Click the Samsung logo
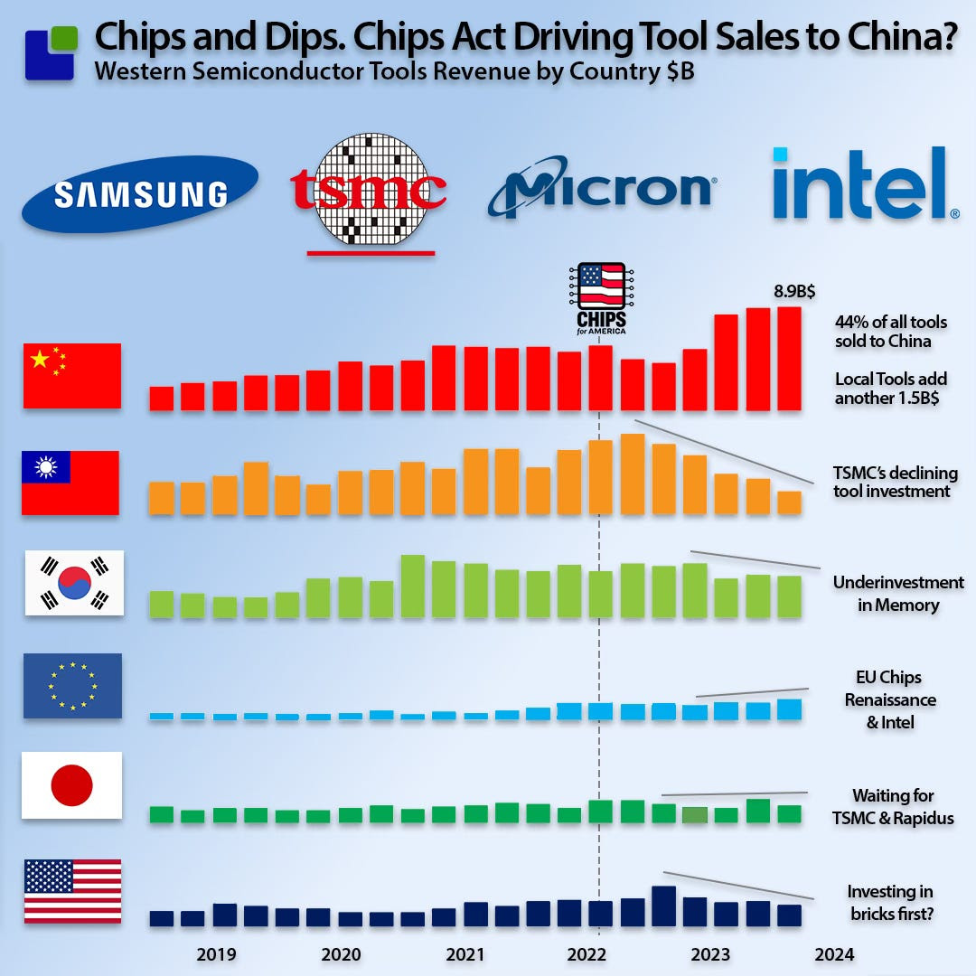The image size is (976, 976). pos(140,194)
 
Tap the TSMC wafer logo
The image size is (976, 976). pos(369,189)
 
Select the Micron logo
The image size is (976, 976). pos(601,187)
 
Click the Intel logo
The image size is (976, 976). pos(865,183)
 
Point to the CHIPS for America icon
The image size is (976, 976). pos(601,298)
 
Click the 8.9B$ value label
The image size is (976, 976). pos(794,291)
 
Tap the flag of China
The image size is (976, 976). pos(72,376)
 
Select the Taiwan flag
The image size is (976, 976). pos(70,483)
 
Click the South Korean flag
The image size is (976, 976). pos(74,583)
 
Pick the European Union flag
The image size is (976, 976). pos(73,686)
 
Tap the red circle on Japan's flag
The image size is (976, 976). pos(71,785)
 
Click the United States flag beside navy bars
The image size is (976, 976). pos(73,891)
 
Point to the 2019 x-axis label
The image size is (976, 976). pos(216,954)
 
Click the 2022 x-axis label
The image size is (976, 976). pos(587,954)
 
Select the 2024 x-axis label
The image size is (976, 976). pos(834,954)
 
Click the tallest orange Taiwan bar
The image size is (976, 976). pos(633,474)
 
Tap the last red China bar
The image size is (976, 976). pos(789,359)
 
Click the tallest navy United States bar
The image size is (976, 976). pos(663,906)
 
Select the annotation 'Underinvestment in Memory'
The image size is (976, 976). pos(898,593)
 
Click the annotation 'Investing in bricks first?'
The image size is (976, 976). pos(891,903)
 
